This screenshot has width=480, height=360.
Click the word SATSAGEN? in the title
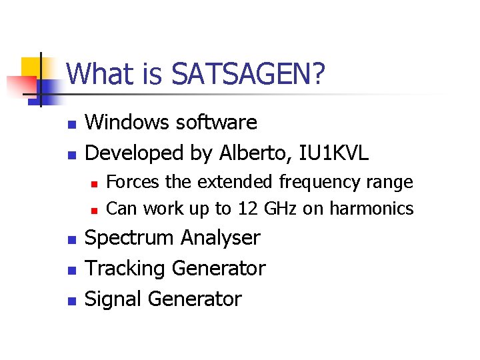[249, 74]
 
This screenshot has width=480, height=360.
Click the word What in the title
[101, 74]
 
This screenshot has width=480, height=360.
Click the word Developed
[135, 153]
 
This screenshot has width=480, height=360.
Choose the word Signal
[114, 299]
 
